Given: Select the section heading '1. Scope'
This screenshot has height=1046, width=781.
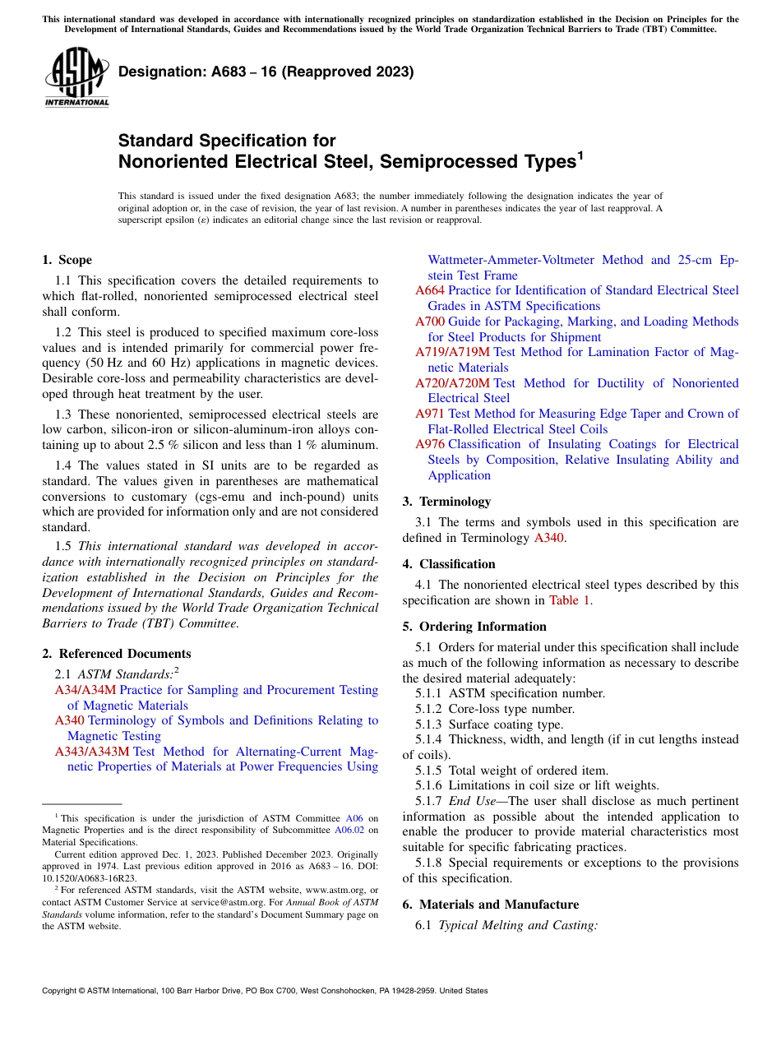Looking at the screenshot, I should click(67, 260).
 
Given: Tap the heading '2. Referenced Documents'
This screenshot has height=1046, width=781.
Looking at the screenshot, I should click(116, 654).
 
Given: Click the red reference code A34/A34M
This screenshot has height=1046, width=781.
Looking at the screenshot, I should click(85, 690).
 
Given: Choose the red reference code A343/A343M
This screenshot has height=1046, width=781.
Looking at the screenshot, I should click(92, 752).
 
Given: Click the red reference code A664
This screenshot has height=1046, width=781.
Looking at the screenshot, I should click(430, 290).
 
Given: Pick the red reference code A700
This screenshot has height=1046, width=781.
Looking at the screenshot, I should click(430, 322).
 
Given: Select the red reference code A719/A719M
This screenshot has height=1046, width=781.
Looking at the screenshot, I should click(452, 352).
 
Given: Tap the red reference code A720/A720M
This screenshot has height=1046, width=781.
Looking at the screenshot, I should click(452, 383).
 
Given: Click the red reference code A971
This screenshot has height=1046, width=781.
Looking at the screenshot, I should click(430, 414).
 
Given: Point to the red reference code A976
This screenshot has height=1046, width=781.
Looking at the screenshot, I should click(430, 444).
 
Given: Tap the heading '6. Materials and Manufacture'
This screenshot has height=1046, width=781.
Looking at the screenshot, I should click(491, 905).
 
